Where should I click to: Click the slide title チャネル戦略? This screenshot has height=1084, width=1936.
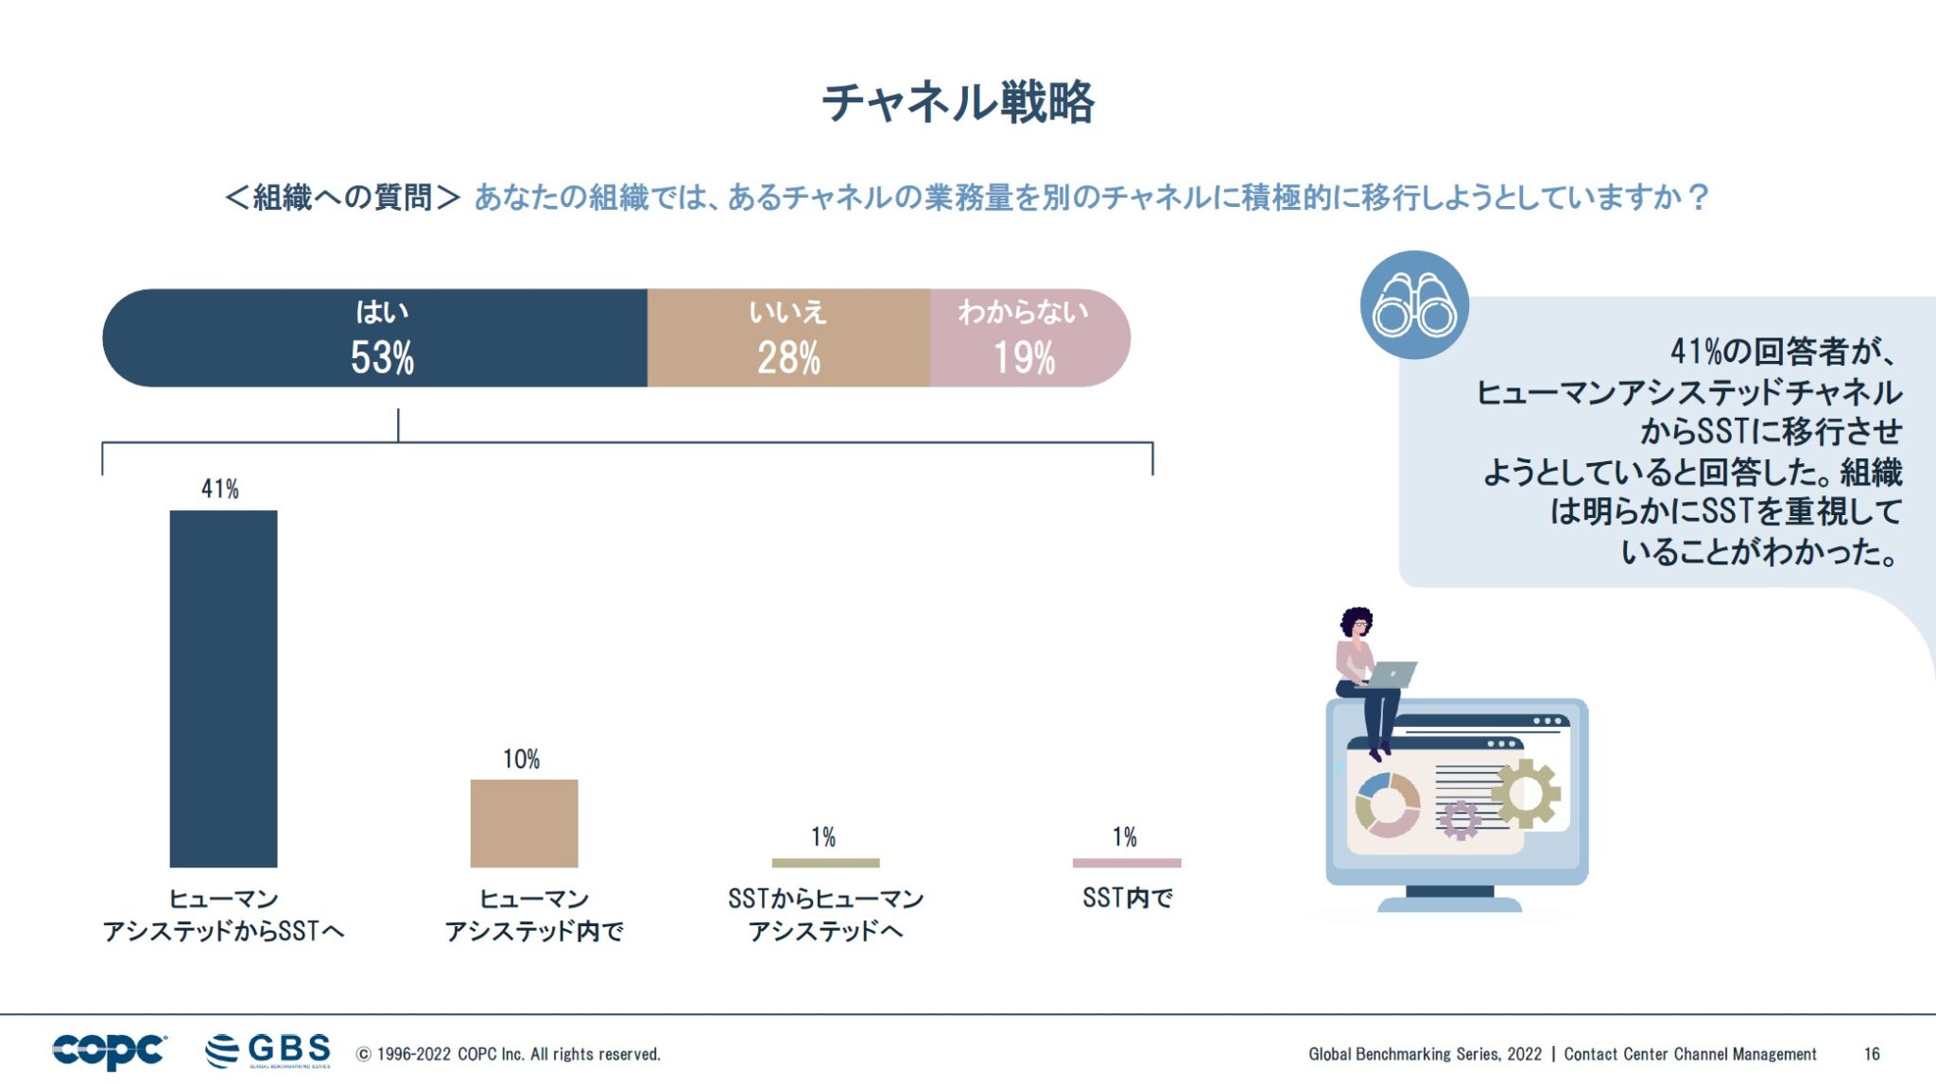tap(958, 102)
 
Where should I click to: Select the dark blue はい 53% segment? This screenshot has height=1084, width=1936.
tap(378, 337)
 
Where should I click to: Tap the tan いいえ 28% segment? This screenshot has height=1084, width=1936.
tap(787, 337)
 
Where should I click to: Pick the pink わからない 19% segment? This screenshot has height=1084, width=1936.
tap(1026, 337)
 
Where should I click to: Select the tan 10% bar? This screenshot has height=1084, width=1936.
tap(524, 822)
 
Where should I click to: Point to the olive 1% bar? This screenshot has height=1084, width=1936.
tap(825, 862)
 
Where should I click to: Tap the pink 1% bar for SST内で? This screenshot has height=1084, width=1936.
tap(1126, 862)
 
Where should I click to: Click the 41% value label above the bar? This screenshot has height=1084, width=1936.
tap(219, 489)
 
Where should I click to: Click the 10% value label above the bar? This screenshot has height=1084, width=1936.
tap(521, 759)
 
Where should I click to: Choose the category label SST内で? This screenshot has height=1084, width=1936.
tap(1127, 897)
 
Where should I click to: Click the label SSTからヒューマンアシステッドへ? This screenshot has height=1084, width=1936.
tap(825, 914)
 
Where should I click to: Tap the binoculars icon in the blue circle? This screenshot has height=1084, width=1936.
tap(1413, 304)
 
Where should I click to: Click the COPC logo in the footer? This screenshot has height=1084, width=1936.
tap(109, 1050)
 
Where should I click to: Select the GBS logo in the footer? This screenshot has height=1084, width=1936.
tap(268, 1050)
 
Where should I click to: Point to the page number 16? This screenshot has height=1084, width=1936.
tap(1871, 1054)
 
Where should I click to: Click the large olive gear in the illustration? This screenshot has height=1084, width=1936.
tap(1526, 792)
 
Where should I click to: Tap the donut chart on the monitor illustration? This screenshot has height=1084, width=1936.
tap(1387, 805)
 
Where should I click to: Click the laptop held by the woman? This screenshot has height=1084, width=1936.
tap(1391, 675)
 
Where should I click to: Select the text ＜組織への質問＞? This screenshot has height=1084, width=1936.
tap(342, 198)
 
